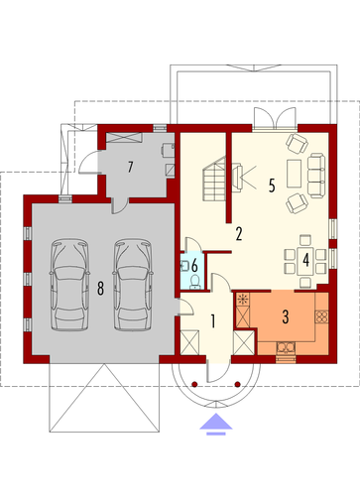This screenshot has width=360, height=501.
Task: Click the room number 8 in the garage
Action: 100,288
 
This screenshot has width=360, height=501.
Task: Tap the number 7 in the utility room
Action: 130,167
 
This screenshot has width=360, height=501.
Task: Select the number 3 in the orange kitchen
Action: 286,316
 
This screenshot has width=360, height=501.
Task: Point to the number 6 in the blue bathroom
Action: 194,265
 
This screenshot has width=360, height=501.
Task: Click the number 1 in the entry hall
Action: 213,321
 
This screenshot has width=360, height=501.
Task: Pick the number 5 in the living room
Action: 272,186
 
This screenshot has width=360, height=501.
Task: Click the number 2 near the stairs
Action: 239,233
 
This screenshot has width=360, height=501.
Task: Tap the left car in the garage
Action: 69,285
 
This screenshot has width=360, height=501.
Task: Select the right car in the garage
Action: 133,285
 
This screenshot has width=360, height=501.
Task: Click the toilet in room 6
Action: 195,282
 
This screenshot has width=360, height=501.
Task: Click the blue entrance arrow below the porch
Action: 216,424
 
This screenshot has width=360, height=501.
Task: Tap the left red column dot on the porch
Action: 194,384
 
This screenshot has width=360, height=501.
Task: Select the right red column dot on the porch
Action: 237,384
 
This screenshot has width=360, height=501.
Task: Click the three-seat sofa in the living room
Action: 316,176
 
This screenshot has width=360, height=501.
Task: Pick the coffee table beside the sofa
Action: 294,174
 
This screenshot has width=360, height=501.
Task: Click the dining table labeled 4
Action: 305,261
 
